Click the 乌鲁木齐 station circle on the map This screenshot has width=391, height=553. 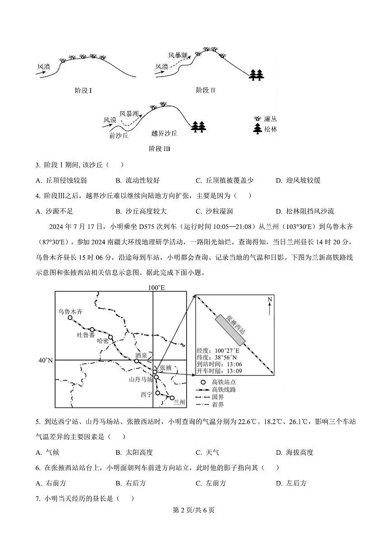coord(70,318)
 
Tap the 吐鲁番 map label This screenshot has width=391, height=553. coord(86,335)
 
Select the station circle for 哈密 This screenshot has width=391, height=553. coord(110,337)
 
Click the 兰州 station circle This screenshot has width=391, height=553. coord(172,398)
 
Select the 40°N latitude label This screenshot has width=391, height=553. coord(46,360)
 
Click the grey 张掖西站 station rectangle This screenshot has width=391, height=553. coord(230,329)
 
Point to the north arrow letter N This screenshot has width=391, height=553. coord(270,300)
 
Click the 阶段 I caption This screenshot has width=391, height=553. coord(83,91)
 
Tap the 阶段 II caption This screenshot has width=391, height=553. coord(206,90)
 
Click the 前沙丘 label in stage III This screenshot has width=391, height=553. coord(119,135)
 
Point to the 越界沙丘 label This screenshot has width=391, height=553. coord(164,133)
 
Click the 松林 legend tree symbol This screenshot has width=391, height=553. coord(258,129)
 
